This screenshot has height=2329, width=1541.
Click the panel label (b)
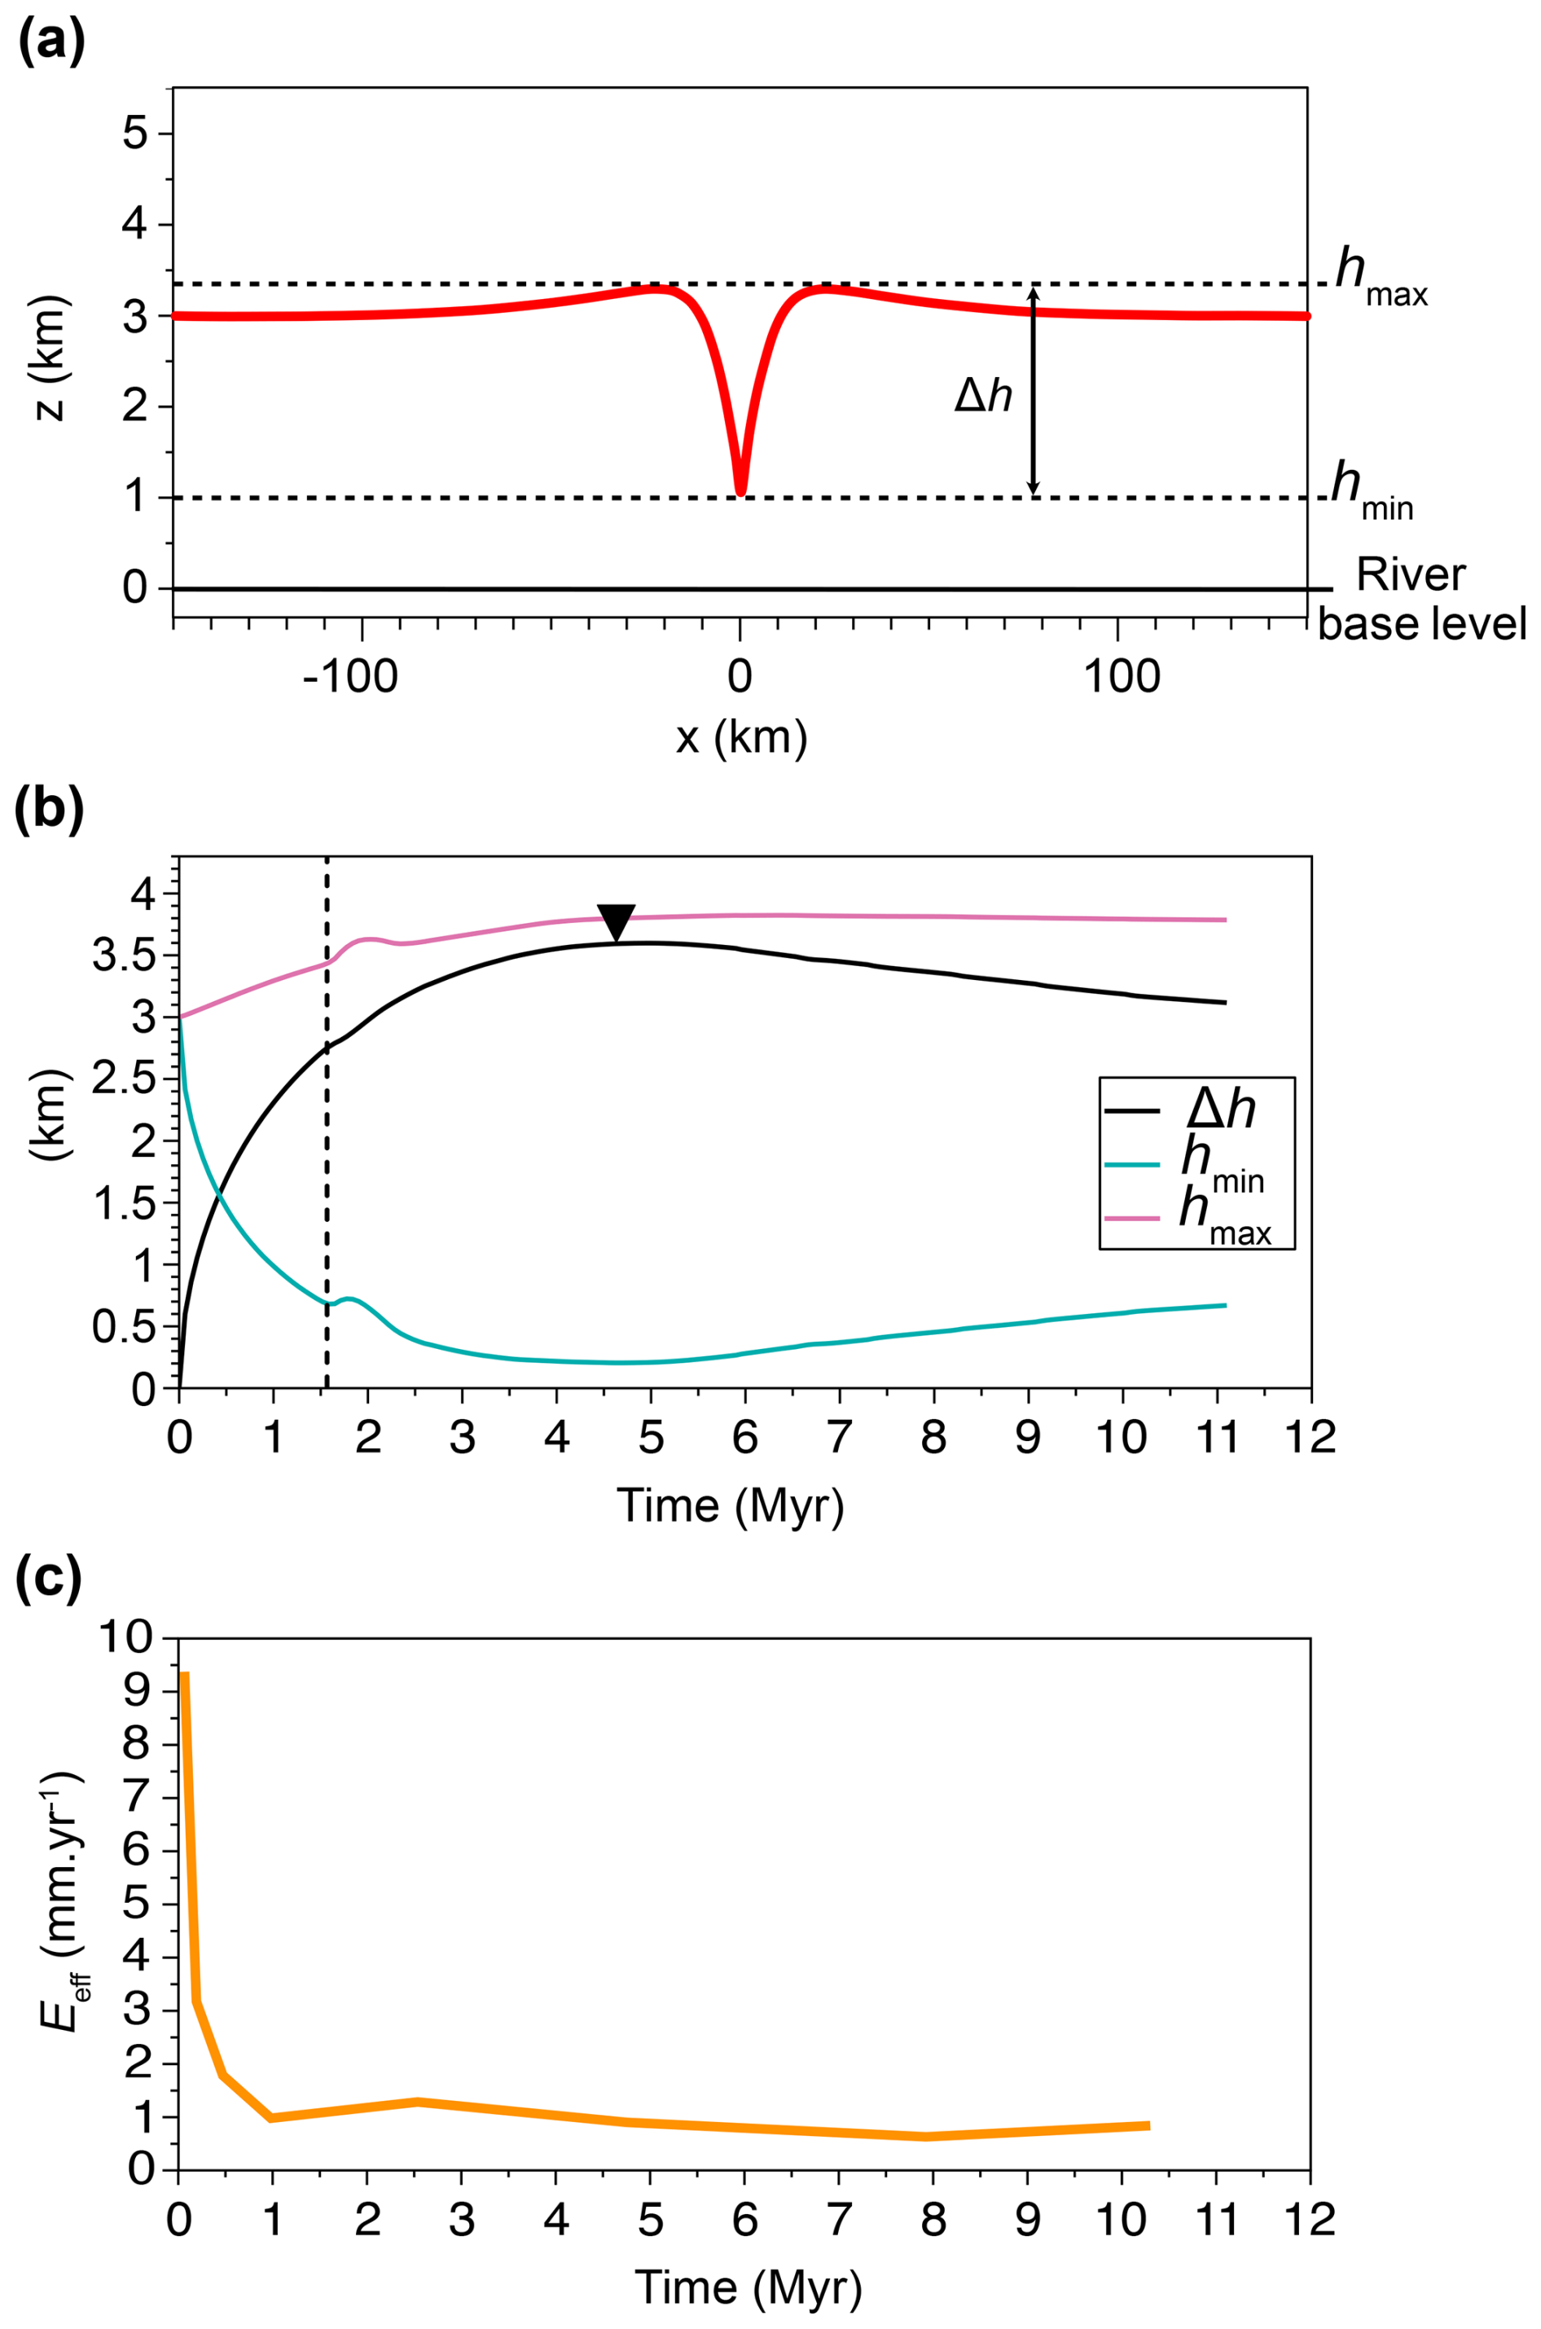(x=52, y=811)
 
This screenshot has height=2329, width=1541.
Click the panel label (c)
(x=50, y=1580)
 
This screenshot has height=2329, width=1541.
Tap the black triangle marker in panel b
(x=617, y=922)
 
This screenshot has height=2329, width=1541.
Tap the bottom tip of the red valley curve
(x=740, y=490)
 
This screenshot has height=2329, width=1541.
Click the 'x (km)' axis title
(x=741, y=737)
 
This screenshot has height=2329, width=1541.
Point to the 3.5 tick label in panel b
(x=124, y=956)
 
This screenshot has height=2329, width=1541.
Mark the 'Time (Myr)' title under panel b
(x=731, y=1505)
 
